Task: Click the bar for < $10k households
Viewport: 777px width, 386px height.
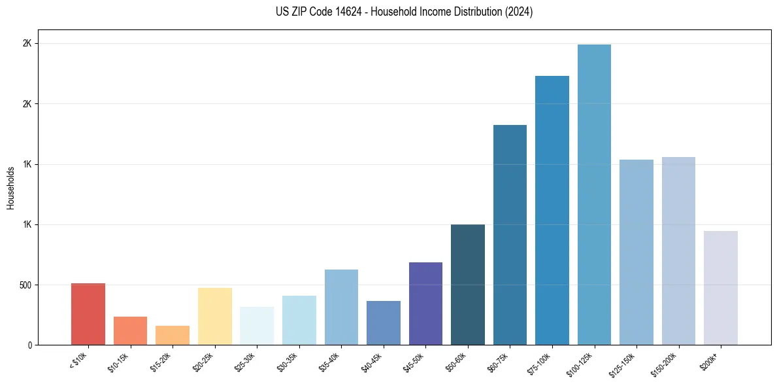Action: [x=88, y=314]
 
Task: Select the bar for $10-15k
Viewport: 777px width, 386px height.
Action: [x=130, y=331]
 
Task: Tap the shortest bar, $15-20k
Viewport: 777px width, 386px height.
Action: [x=173, y=336]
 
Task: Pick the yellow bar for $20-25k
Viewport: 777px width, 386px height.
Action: [x=215, y=317]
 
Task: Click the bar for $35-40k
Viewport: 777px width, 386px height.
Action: [x=341, y=307]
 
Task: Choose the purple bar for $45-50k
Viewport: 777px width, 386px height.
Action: [x=425, y=304]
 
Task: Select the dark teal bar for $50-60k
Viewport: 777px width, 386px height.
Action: [x=468, y=285]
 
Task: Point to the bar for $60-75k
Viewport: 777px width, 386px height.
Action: [x=510, y=235]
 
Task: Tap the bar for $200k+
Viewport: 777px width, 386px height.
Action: [x=721, y=288]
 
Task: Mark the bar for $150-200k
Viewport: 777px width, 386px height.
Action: [x=678, y=251]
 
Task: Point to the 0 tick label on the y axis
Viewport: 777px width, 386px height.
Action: [x=29, y=345]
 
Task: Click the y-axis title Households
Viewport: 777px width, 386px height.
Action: [x=10, y=188]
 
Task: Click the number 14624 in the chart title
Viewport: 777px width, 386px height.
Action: [x=334, y=12]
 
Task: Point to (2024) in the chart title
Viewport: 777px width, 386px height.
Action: [x=519, y=12]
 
